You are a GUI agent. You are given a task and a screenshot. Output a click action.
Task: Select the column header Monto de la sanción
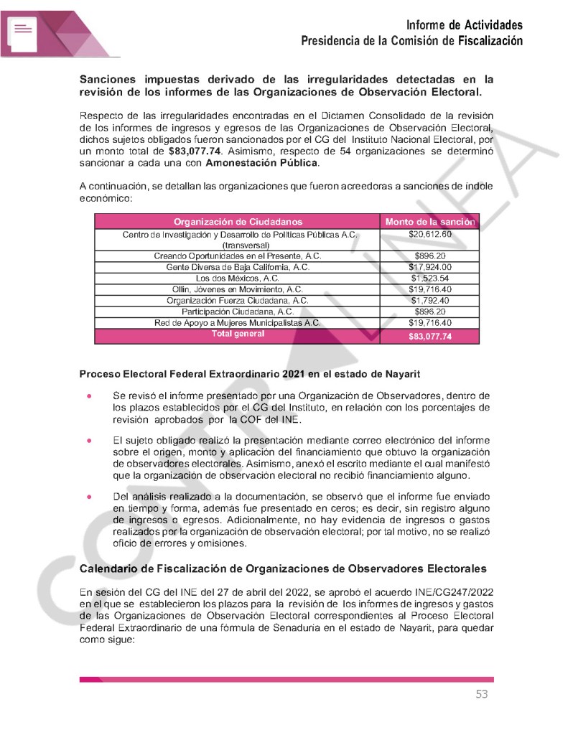[x=430, y=222]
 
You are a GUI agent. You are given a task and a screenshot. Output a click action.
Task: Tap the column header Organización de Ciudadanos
[x=238, y=222]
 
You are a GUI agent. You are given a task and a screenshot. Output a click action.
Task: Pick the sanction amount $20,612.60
[x=430, y=235]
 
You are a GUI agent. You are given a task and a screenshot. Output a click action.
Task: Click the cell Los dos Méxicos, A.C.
[x=238, y=278]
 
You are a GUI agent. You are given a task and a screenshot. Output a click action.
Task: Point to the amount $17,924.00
[x=430, y=267]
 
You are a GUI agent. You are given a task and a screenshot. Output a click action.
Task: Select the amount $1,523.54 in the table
[x=430, y=278]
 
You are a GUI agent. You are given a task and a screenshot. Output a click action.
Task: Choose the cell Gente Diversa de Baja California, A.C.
[x=238, y=267]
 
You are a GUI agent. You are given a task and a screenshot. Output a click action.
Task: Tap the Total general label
[x=238, y=334]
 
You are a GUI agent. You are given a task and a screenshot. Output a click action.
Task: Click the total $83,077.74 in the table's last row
[x=430, y=337]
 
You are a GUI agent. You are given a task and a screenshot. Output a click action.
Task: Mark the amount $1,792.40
[x=430, y=300]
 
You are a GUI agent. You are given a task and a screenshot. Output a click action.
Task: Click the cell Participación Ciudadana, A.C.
[x=238, y=312]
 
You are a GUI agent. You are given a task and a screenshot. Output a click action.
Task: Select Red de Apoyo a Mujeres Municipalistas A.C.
[x=238, y=323]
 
